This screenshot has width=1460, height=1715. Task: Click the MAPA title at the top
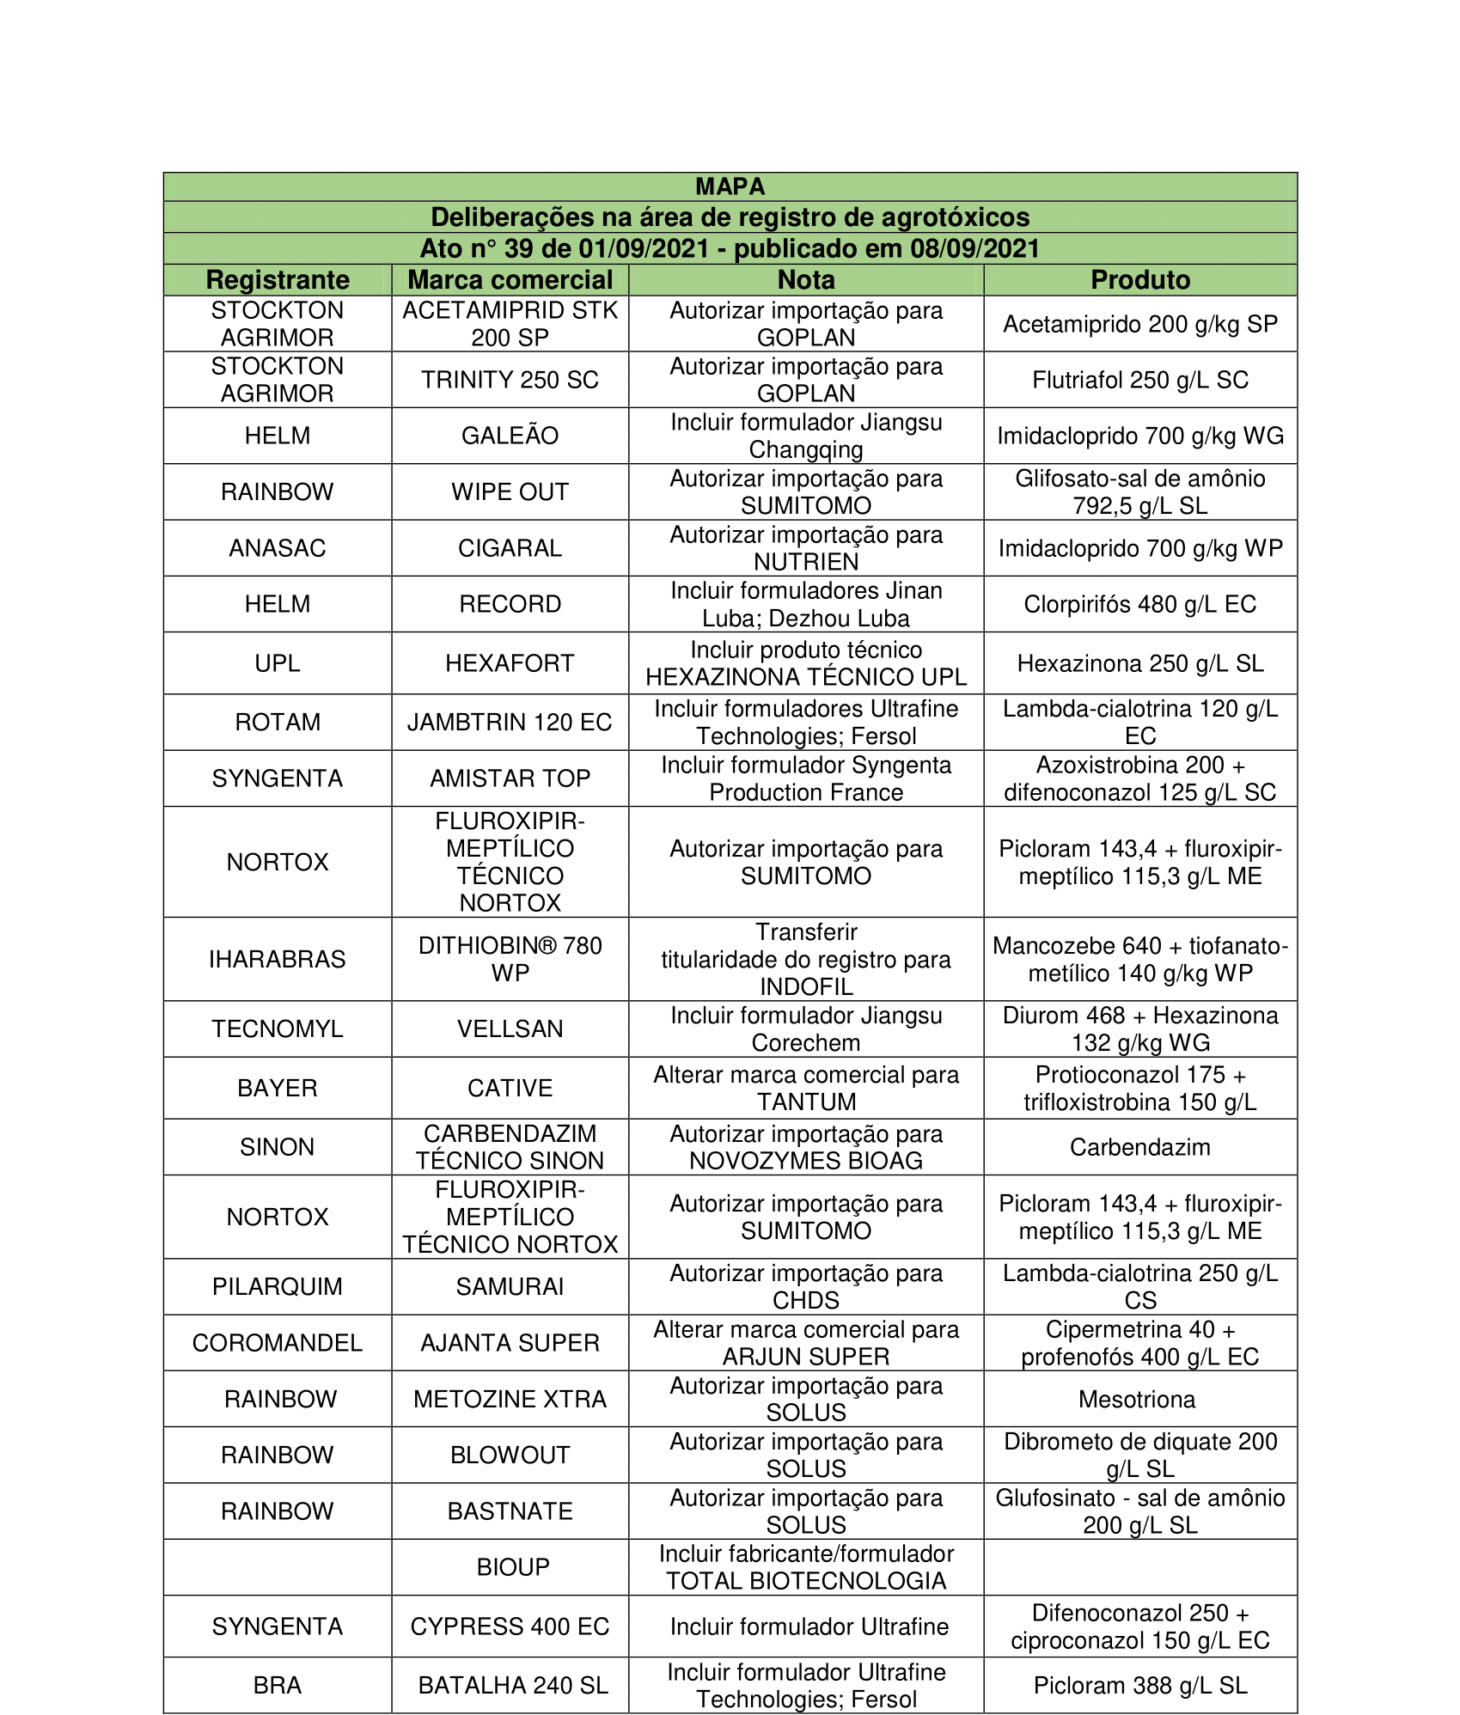point(730,186)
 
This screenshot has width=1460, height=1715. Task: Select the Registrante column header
point(278,280)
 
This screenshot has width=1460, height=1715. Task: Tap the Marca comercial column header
point(510,280)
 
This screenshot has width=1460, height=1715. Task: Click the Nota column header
point(806,280)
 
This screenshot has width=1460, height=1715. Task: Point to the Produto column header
point(1140,280)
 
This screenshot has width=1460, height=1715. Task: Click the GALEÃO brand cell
point(510,436)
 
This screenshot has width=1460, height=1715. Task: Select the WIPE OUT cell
point(510,492)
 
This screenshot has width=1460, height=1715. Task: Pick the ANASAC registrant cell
point(278,548)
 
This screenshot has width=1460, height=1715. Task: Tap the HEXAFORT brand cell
point(510,663)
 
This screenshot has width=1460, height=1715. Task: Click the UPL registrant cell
point(278,663)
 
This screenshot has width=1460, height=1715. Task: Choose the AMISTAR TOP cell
point(510,778)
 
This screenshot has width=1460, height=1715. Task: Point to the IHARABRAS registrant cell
point(278,959)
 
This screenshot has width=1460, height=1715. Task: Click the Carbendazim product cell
point(1140,1147)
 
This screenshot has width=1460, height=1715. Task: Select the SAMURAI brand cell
point(510,1286)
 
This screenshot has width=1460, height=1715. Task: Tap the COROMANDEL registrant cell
point(278,1343)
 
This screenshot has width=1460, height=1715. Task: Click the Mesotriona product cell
point(1137,1400)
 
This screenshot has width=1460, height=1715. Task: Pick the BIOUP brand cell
point(513,1567)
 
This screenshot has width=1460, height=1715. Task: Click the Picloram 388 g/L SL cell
point(1140,1686)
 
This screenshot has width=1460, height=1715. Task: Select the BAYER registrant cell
point(278,1088)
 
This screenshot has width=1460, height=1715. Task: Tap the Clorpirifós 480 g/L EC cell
point(1140,604)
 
